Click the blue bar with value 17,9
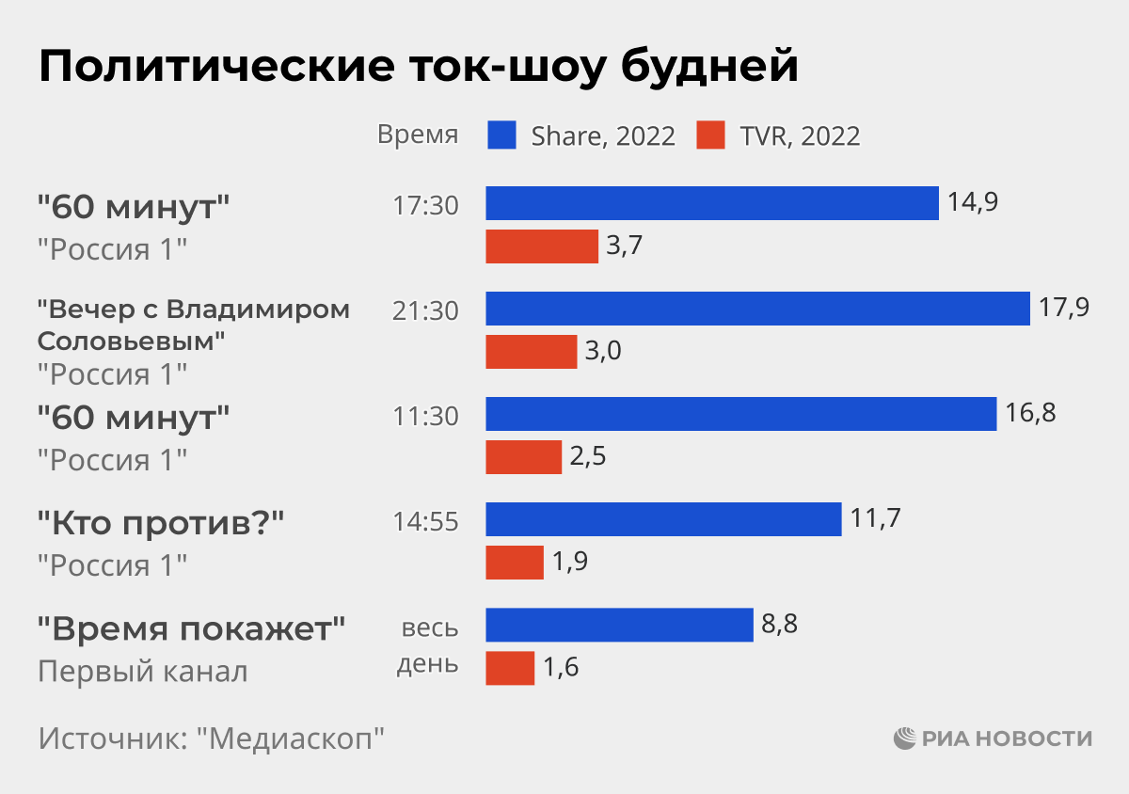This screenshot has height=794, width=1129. click(x=757, y=309)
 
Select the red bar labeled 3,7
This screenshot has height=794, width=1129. click(x=542, y=246)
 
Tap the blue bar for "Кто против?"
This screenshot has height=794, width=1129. click(x=663, y=519)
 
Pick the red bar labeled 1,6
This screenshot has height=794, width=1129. click(x=510, y=668)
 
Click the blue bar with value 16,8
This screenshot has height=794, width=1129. click(x=740, y=414)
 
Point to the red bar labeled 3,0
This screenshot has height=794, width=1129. click(x=531, y=352)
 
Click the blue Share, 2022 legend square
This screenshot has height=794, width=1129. click(x=502, y=135)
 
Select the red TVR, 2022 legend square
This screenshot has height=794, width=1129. click(x=711, y=135)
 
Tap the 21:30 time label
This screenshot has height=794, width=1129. click(x=425, y=310)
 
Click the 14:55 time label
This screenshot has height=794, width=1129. click(x=425, y=521)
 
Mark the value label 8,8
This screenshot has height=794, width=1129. click(x=779, y=624)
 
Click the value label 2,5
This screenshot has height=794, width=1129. click(x=587, y=457)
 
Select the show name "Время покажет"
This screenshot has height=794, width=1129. click(x=192, y=627)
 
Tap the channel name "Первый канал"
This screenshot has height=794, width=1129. click(x=143, y=672)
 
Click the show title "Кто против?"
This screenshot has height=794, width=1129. click(x=161, y=523)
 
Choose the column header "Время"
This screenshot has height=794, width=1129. click(x=418, y=135)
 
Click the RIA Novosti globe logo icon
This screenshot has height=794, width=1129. click(x=904, y=738)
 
